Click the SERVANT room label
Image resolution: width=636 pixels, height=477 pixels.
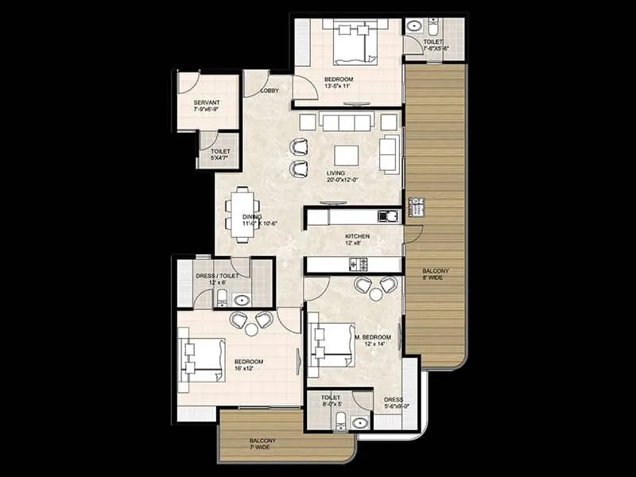coord(207,103)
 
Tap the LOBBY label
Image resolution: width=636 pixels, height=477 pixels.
coord(270,91)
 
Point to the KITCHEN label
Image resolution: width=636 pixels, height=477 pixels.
coord(358,237)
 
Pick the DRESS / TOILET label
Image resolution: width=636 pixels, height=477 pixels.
coord(215,276)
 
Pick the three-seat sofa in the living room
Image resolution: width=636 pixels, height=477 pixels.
coord(347,122)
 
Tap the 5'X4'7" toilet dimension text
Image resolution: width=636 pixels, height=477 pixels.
coord(219,158)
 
